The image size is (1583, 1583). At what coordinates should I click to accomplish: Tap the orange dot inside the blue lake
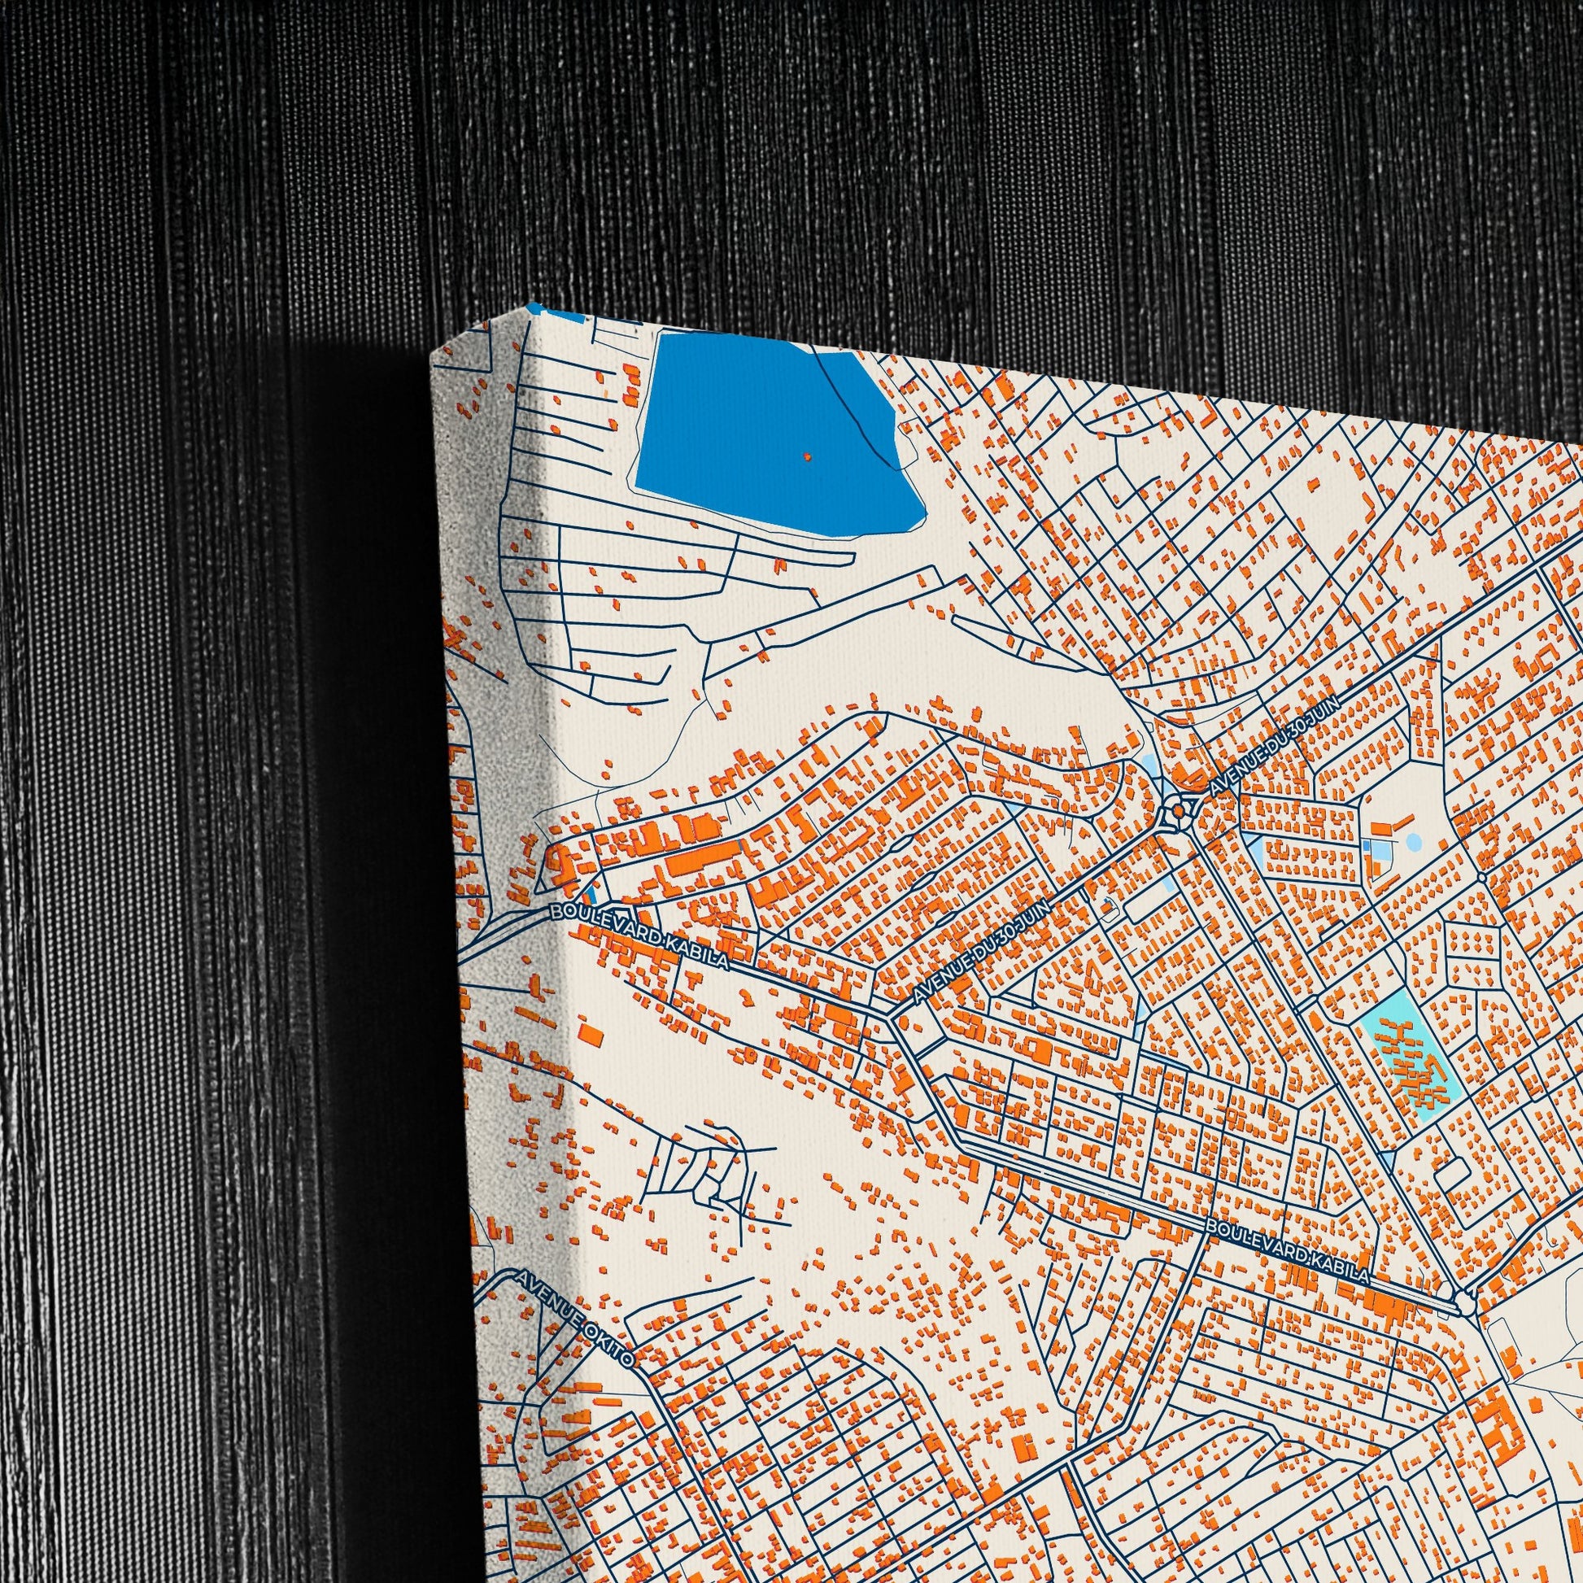click(807, 456)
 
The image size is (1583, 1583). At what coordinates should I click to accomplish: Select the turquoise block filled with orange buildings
click(1402, 1057)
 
